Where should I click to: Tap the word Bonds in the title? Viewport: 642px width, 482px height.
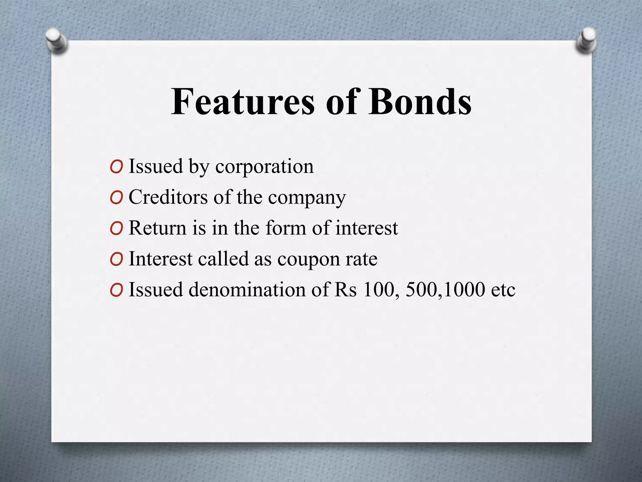point(420,102)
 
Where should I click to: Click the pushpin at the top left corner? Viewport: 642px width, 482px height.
point(56,41)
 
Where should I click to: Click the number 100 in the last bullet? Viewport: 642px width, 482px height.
point(378,289)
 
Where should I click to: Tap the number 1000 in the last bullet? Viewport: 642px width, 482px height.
point(464,289)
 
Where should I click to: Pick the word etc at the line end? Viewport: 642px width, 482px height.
point(503,290)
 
